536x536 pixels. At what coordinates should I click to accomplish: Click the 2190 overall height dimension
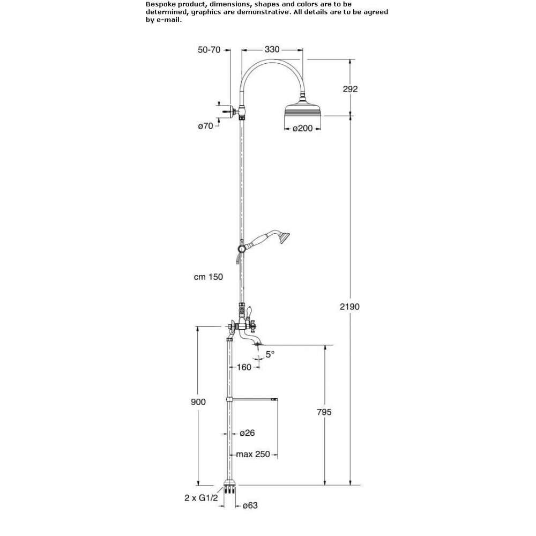pos(349,307)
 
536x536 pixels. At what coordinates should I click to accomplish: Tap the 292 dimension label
pos(350,89)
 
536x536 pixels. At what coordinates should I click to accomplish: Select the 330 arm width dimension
pos(272,49)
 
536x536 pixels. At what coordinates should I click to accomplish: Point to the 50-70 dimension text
pos(209,49)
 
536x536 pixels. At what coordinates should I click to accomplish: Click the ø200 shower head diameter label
pos(302,128)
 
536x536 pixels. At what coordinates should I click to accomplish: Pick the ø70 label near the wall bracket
pos(205,126)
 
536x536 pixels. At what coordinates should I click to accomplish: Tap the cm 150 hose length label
pos(208,277)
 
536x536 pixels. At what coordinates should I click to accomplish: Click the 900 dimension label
pos(198,402)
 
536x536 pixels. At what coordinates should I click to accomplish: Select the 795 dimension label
pos(324,412)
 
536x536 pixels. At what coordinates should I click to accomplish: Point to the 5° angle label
pos(270,354)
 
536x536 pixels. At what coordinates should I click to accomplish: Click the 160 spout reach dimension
pos(244,367)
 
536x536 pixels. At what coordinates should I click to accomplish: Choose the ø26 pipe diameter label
pos(247,433)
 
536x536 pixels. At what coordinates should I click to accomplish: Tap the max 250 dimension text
pos(253,455)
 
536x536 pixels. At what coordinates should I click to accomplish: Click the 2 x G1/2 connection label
pos(201,498)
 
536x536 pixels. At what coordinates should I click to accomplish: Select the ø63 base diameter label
pos(250,505)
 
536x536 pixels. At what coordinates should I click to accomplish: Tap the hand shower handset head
pos(284,237)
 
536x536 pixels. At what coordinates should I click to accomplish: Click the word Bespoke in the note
pos(160,4)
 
